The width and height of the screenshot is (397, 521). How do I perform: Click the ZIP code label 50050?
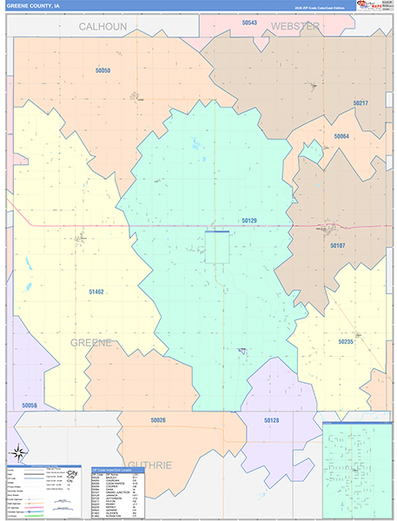[x=103, y=69]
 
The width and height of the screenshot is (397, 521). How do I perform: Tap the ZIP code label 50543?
[x=249, y=23]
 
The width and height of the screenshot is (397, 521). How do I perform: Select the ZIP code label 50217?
[x=361, y=104]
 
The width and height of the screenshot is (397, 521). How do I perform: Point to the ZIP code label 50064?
[x=341, y=136]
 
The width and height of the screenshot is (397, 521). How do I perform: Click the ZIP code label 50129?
[x=249, y=221]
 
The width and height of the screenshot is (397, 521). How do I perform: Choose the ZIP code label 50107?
[x=338, y=246]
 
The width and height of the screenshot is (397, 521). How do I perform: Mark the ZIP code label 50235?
[x=346, y=342]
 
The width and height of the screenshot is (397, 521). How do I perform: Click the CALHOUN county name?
[x=103, y=27]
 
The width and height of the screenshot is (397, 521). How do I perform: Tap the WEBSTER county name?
[x=296, y=27]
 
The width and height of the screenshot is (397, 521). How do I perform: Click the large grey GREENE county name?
[x=92, y=343]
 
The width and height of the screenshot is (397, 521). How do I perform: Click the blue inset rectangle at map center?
[x=217, y=247]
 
